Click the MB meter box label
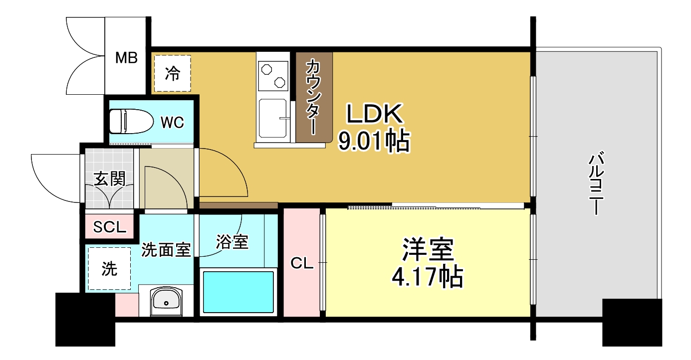(126, 58)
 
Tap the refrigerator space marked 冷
(172, 73)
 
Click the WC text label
(172, 122)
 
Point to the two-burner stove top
(272, 74)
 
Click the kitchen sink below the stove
(272, 118)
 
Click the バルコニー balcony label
(597, 184)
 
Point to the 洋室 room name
(428, 250)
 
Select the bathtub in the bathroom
(238, 292)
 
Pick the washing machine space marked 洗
(110, 269)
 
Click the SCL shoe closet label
(110, 227)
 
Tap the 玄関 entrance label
(109, 179)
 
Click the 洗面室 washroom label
(166, 250)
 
